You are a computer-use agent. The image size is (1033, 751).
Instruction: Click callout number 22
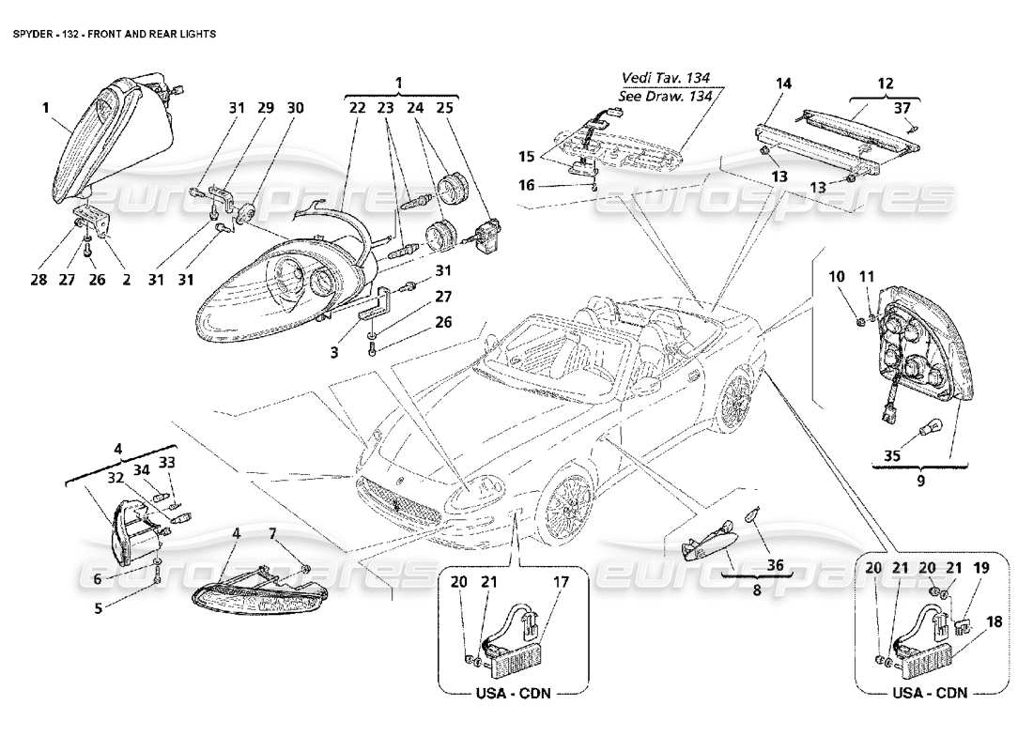pyautogui.click(x=357, y=109)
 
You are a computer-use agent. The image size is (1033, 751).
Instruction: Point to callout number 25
pyautogui.click(x=444, y=109)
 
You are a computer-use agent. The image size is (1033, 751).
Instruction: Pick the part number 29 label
pyautogui.click(x=266, y=109)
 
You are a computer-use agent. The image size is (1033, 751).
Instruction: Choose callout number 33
pyautogui.click(x=167, y=461)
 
